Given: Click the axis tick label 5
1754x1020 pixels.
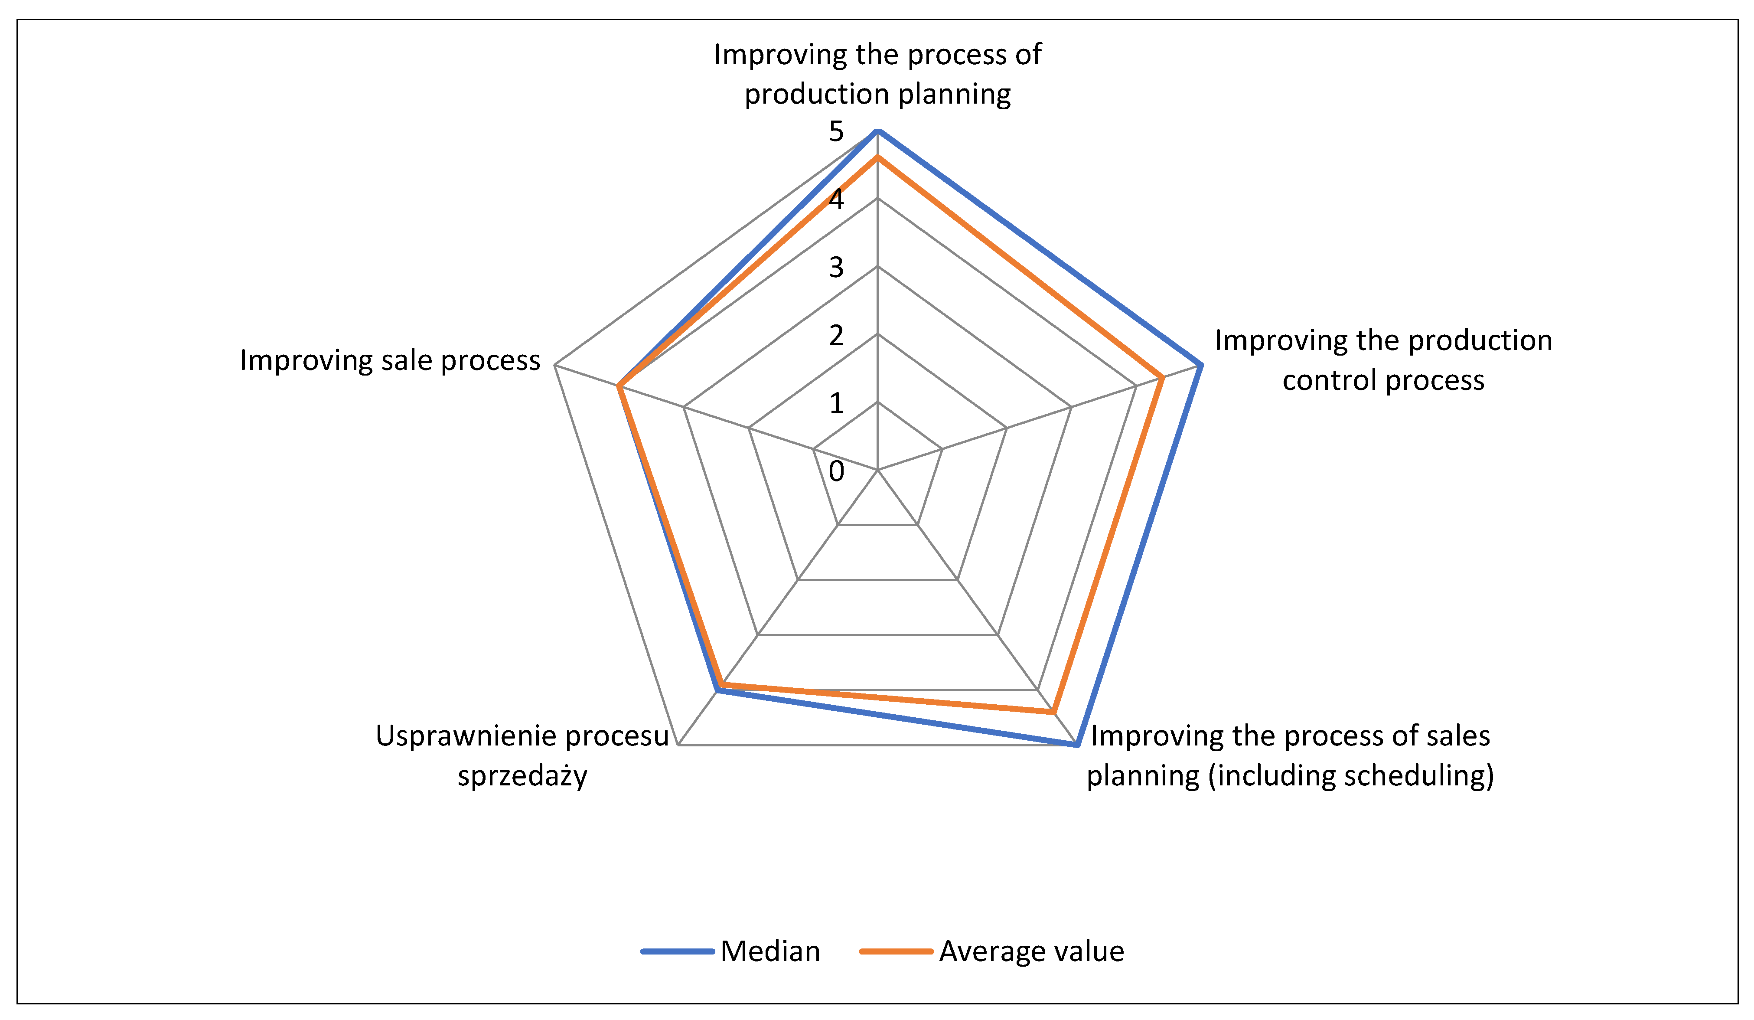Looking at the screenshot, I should tap(836, 131).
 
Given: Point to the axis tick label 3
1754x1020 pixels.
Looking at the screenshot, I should tap(836, 267).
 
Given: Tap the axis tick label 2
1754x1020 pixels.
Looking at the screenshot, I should tap(836, 336).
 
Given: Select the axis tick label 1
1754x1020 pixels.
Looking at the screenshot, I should tap(836, 403).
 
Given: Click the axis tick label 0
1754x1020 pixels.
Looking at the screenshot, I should tap(836, 471).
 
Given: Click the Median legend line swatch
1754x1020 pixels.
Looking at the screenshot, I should tap(677, 951).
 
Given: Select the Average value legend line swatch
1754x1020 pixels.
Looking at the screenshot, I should tap(896, 951).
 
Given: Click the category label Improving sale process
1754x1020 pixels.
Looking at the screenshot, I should tap(390, 361).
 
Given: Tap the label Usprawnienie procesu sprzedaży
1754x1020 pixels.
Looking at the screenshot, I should tap(522, 755).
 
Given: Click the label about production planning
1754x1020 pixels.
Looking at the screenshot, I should tap(878, 74).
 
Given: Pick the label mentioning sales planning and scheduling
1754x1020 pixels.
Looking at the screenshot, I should tap(1290, 755).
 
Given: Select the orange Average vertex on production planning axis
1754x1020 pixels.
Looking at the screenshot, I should tap(878, 158).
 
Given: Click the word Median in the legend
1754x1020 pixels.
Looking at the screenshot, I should tap(770, 951).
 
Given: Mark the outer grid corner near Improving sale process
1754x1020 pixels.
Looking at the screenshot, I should tap(555, 365).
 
